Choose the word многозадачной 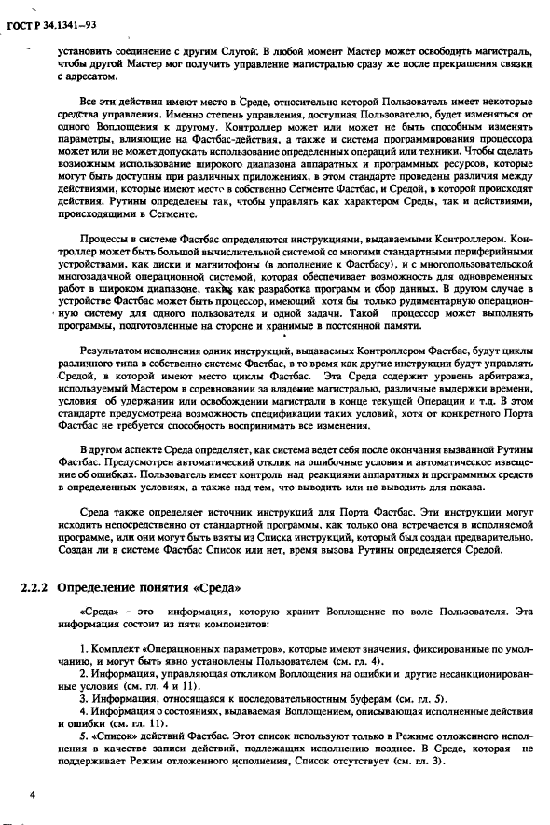[97, 290]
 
